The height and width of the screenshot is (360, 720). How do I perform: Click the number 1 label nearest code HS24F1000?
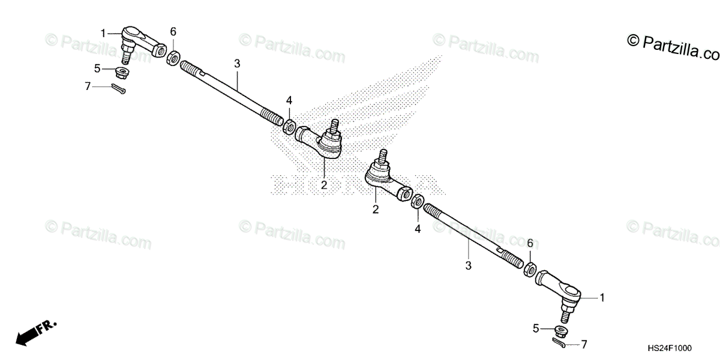(x=602, y=297)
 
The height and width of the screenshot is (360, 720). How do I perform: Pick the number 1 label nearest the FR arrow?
(x=103, y=33)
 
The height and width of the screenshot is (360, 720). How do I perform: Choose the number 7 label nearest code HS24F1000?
(x=584, y=345)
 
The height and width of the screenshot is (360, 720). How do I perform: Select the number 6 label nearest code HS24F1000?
(x=530, y=243)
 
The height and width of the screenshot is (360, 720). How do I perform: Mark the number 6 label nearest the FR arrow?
(x=173, y=31)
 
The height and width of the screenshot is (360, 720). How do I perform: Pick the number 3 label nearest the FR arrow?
(x=237, y=63)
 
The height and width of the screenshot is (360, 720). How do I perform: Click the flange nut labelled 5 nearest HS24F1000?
(x=561, y=330)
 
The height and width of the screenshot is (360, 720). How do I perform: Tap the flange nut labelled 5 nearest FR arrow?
(x=124, y=73)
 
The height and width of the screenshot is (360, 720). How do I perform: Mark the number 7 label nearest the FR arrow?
(x=88, y=86)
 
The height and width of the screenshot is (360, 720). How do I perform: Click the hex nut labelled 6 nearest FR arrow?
(x=171, y=57)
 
